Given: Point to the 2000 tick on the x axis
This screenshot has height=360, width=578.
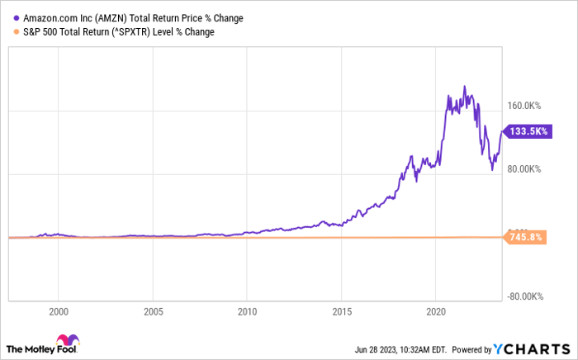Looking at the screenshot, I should [58, 312].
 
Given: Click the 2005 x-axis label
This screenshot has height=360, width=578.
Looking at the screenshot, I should [153, 312].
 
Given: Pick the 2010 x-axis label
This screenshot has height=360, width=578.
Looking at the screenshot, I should [248, 312].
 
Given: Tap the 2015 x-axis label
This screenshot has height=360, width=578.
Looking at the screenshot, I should [343, 312].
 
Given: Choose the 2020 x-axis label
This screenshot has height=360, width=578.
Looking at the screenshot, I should [437, 312].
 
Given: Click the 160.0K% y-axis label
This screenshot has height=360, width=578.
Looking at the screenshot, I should [524, 106].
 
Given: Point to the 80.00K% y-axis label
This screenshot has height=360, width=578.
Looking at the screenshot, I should [524, 169].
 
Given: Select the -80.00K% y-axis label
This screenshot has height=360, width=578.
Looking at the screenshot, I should [524, 296].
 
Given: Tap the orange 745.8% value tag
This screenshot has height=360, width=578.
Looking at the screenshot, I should [528, 238].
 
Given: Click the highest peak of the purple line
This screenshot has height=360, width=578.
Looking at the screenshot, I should [465, 86].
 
